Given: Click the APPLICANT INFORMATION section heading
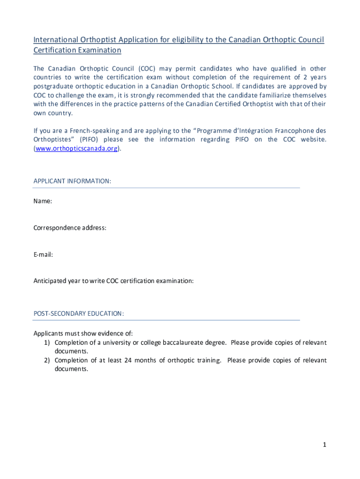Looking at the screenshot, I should pyautogui.click(x=72, y=181).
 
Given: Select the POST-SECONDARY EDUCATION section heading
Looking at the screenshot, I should pyautogui.click(x=79, y=313).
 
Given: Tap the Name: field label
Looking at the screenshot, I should pyautogui.click(x=43, y=201).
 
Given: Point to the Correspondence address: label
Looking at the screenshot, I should pyautogui.click(x=70, y=228).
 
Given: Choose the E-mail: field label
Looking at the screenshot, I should pyautogui.click(x=43, y=254).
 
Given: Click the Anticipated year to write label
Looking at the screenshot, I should pyautogui.click(x=113, y=281).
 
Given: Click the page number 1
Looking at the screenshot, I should pyautogui.click(x=324, y=445).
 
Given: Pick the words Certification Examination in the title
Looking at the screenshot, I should pyautogui.click(x=77, y=51).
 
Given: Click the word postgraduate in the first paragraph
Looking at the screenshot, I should pyautogui.click(x=51, y=87).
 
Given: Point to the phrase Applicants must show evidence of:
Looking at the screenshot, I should pyautogui.click(x=83, y=333).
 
